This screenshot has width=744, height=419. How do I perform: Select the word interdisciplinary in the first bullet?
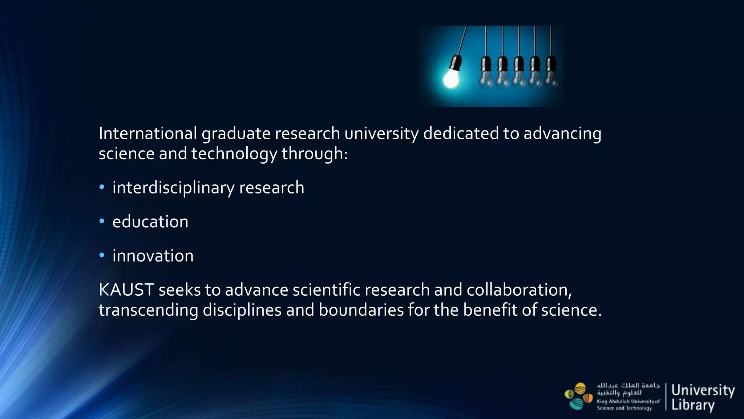pos(174,188)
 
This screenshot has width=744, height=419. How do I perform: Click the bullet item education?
pos(150,222)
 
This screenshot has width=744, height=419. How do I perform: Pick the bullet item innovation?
pos(153,256)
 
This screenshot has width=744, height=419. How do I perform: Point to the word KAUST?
pos(126,290)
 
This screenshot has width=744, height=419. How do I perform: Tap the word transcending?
pos(148,310)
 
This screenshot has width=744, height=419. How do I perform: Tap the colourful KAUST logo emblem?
pos(578,396)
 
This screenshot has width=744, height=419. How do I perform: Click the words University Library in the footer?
pos(703,397)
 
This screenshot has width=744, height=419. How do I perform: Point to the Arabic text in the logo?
pos(628,389)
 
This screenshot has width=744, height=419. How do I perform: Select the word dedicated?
pos(461,133)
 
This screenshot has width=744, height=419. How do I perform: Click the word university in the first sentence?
pos(381,133)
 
